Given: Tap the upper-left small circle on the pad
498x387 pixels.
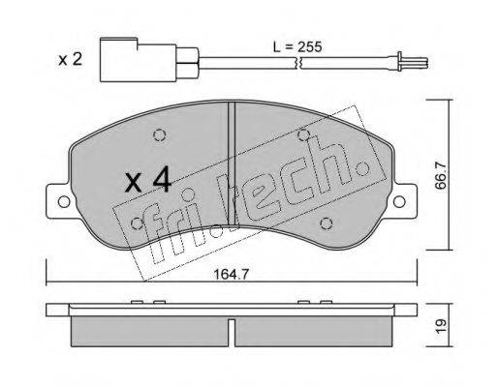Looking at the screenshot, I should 161,134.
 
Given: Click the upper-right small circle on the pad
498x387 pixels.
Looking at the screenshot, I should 302,134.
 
